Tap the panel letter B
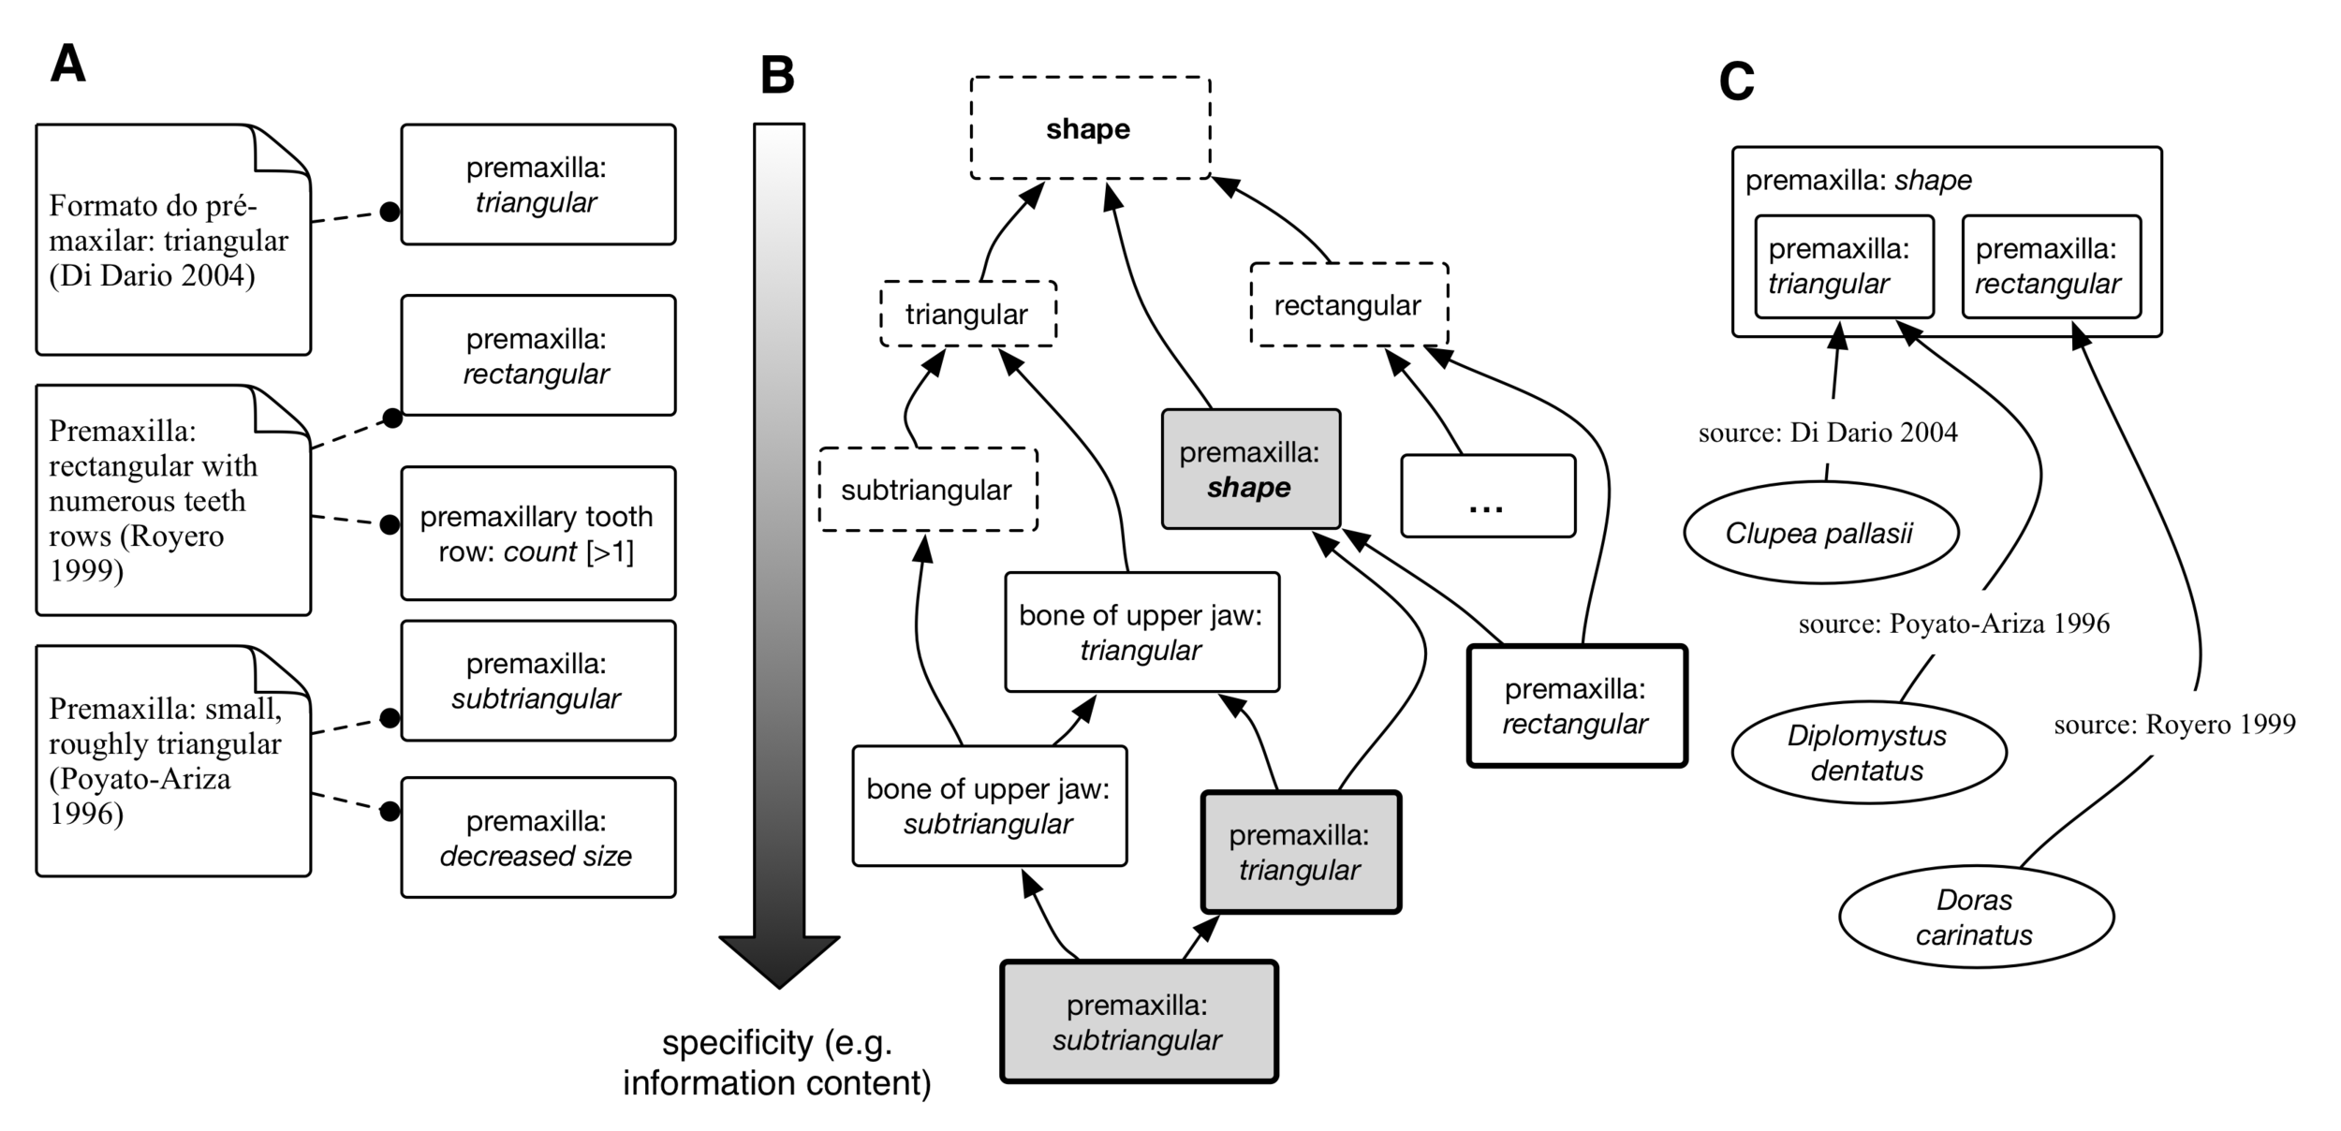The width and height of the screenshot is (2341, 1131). (x=777, y=76)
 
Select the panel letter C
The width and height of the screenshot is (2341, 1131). (x=1736, y=82)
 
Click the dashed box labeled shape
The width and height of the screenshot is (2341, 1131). (x=1089, y=128)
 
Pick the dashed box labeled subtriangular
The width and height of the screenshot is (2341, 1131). (x=927, y=490)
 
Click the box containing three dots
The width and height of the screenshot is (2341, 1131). (x=1487, y=496)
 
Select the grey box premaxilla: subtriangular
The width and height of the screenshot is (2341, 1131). (x=1138, y=1022)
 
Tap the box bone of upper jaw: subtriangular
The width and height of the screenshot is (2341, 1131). (x=989, y=806)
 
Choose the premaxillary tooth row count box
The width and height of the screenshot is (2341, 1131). (x=537, y=534)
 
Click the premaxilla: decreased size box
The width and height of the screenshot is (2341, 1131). (x=537, y=838)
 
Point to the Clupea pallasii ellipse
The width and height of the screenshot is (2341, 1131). (x=1819, y=534)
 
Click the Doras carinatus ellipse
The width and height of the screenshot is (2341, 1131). (x=1975, y=917)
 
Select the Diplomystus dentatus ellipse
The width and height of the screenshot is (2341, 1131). (x=1867, y=753)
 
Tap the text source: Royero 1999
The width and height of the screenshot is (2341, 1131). (x=2174, y=724)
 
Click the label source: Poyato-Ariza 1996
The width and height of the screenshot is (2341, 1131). (x=1953, y=624)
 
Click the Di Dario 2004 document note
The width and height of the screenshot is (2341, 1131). (x=172, y=241)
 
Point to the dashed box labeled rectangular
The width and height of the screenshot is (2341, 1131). (x=1348, y=305)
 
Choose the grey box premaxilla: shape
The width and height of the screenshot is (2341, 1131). (x=1250, y=470)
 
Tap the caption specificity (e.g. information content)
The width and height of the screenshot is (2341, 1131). (x=777, y=1063)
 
